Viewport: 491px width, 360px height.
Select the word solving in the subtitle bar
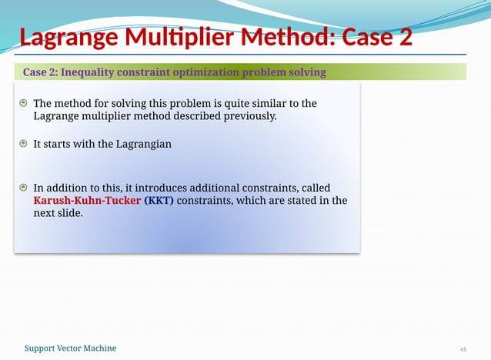306,72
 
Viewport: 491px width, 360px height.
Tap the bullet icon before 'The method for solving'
24,103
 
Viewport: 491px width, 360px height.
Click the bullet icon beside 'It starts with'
24,144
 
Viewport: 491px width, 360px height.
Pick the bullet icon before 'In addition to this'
24,187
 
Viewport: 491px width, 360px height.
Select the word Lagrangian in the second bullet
145,144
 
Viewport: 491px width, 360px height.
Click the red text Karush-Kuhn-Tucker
87,200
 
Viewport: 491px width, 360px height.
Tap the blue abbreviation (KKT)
160,200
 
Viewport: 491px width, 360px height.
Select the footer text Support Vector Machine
70,348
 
